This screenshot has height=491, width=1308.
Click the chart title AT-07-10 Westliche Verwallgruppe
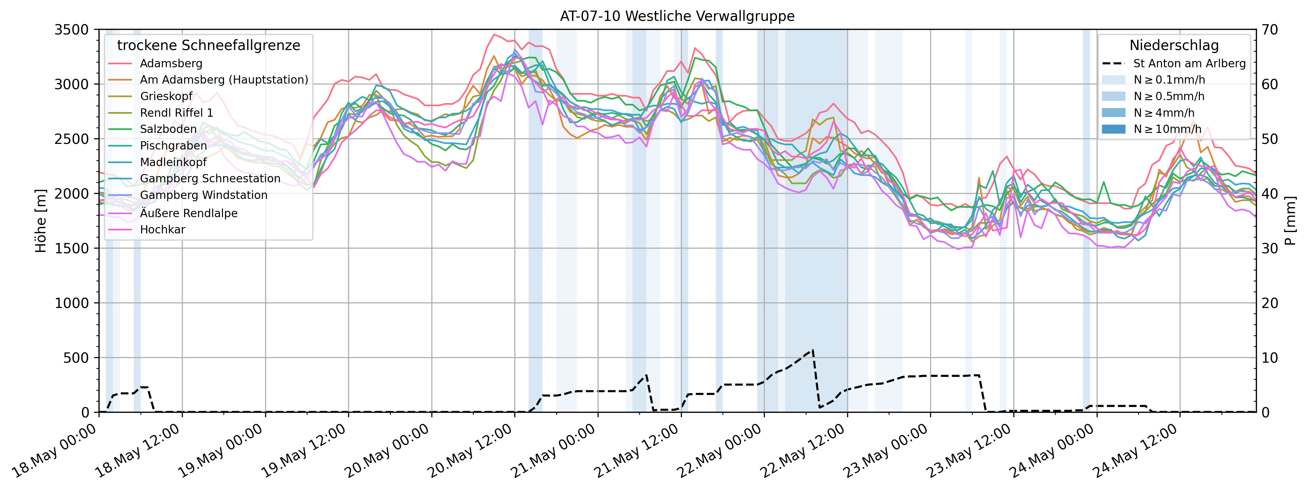coord(677,16)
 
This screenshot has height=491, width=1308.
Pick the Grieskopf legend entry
coord(166,96)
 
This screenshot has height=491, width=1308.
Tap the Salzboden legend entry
coord(168,129)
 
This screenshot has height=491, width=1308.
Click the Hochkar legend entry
coord(163,229)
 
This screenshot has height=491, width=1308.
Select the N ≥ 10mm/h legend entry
coord(1167,129)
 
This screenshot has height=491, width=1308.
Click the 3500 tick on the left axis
coord(72,30)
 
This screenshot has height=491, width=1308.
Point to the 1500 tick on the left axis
coord(72,248)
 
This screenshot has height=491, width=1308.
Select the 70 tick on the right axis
coord(1270,30)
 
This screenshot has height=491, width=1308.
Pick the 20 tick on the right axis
coord(1270,303)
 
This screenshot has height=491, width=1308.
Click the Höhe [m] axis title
coord(40,221)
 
